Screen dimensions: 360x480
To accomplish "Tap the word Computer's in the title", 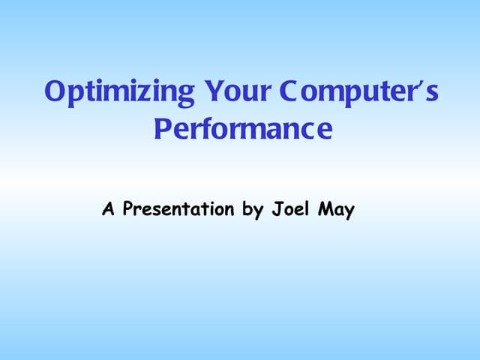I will coord(358,93).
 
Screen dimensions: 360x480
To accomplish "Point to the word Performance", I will coord(242,129).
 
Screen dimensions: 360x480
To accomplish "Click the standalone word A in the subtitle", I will coord(109,208).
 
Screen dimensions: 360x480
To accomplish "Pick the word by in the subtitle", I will coord(252,210).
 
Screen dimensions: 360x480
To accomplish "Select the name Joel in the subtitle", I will coord(289,208).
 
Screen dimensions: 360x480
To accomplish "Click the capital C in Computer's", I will coord(289,91).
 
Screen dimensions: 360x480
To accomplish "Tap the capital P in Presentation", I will coord(128,208).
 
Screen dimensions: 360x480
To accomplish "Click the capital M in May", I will coord(323,208).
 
